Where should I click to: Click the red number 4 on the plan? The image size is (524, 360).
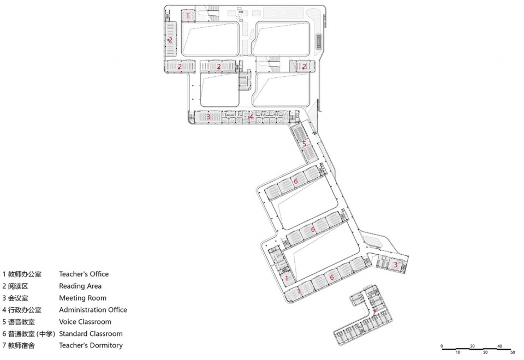click(x=251, y=117)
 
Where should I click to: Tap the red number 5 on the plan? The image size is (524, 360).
click(x=304, y=144)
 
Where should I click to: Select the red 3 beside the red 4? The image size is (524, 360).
click(x=209, y=117)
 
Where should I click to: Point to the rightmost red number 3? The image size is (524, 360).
click(x=395, y=265)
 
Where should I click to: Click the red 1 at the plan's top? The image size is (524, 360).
click(x=188, y=15)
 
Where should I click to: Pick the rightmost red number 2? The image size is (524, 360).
click(x=304, y=67)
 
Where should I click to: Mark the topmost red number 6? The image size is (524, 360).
click(x=295, y=181)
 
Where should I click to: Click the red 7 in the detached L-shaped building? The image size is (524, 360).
click(x=374, y=313)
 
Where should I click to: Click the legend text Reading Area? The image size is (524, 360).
click(x=80, y=286)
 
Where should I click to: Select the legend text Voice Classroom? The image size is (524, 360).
click(x=85, y=322)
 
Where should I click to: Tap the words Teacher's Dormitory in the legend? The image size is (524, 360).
click(x=91, y=345)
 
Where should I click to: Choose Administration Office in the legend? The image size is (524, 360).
click(x=93, y=310)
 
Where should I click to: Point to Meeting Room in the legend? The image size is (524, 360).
click(x=83, y=298)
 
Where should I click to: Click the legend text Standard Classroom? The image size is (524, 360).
click(x=91, y=334)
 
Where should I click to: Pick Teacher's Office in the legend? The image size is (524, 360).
click(x=84, y=274)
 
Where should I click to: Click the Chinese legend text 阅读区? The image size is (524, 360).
click(x=18, y=286)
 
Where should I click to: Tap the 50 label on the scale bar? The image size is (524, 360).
click(x=513, y=352)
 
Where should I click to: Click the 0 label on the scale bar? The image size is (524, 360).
click(x=442, y=346)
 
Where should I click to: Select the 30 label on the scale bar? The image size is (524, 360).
click(x=485, y=352)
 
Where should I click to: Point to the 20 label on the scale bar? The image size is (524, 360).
click(x=472, y=346)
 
